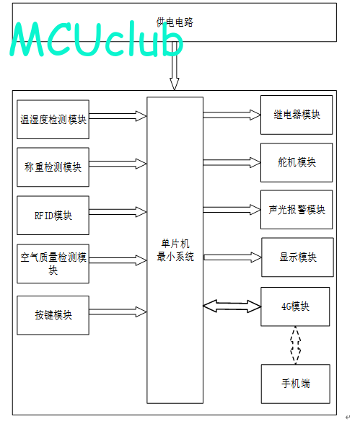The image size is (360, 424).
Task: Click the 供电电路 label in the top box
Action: pyautogui.click(x=175, y=22)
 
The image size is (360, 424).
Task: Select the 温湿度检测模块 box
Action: pyautogui.click(x=53, y=120)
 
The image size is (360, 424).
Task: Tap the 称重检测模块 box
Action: pyautogui.click(x=53, y=167)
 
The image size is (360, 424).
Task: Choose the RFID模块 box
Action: pyautogui.click(x=53, y=215)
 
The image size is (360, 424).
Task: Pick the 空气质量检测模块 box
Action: pyautogui.click(x=53, y=264)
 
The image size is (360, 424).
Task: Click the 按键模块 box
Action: pyautogui.click(x=53, y=315)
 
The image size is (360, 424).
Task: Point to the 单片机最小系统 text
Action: pyautogui.click(x=175, y=250)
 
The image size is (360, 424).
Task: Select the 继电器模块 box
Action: pyautogui.click(x=297, y=115)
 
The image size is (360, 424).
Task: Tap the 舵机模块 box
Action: pyautogui.click(x=297, y=162)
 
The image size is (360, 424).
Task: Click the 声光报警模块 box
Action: pyautogui.click(x=297, y=210)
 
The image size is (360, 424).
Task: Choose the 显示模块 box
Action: pyautogui.click(x=297, y=257)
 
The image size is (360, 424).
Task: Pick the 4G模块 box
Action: pyautogui.click(x=295, y=306)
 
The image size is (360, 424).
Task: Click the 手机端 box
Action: pyautogui.click(x=296, y=384)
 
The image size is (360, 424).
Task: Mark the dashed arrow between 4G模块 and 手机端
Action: pyautogui.click(x=295, y=345)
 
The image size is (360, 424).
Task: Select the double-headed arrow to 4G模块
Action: pyautogui.click(x=232, y=306)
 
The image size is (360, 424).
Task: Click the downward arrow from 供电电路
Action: pyautogui.click(x=175, y=66)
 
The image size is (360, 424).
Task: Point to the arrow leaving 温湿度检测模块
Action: pyautogui.click(x=118, y=116)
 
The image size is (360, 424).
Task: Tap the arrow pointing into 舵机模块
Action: pyautogui.click(x=232, y=162)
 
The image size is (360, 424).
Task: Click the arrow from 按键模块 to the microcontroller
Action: pyautogui.click(x=118, y=312)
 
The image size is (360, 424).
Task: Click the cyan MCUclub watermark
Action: pyautogui.click(x=97, y=39)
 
